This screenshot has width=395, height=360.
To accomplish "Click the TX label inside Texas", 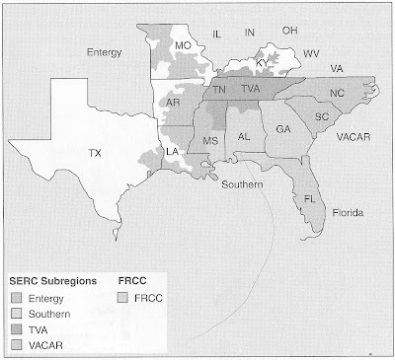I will point(94,153).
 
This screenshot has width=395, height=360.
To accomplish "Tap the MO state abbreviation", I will point(183,46).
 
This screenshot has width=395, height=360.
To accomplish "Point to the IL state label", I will point(218,35).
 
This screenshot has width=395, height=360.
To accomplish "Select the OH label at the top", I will point(289,31).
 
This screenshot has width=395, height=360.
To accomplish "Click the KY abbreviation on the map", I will point(262,63).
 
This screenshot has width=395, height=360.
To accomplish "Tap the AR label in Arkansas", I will point(173,104).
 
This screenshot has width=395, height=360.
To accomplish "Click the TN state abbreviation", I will point(219,90).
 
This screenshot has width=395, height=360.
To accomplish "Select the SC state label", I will point(322,115).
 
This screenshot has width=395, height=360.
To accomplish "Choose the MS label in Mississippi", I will point(209,141).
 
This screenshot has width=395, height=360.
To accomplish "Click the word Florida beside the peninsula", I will point(348,213).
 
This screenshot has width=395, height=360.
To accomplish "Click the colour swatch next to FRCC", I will point(124,297).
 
